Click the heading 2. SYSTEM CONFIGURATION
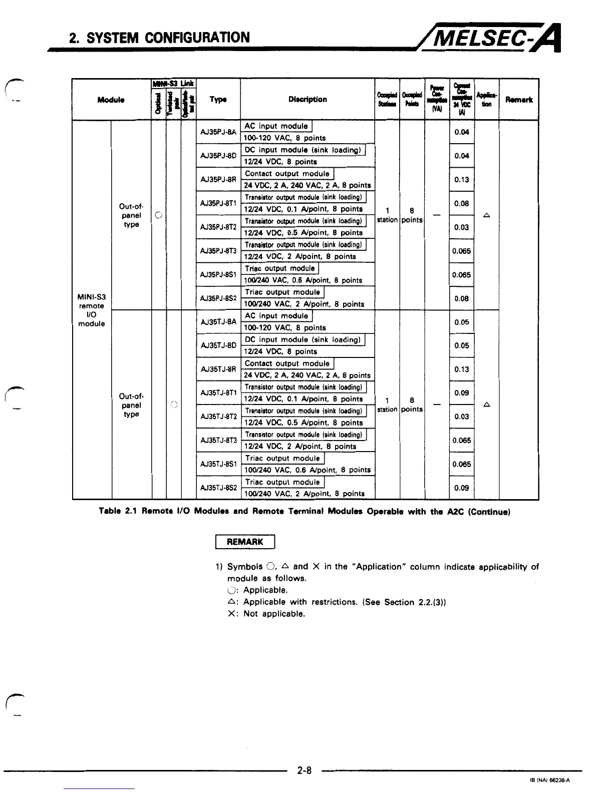[x=159, y=38]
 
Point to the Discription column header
[x=308, y=99]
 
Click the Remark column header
[x=519, y=100]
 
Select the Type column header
[x=218, y=100]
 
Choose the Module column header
[x=111, y=100]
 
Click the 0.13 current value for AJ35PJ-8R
[x=461, y=180]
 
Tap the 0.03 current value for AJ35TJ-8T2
[x=461, y=417]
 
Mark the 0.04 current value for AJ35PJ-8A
[x=461, y=132]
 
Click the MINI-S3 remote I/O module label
[x=92, y=310]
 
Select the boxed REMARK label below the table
[x=245, y=542]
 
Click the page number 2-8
[x=304, y=771]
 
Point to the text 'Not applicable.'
[x=274, y=614]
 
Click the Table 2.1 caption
[x=304, y=512]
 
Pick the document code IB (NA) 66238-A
[x=549, y=780]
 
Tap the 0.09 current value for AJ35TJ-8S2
[x=461, y=488]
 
